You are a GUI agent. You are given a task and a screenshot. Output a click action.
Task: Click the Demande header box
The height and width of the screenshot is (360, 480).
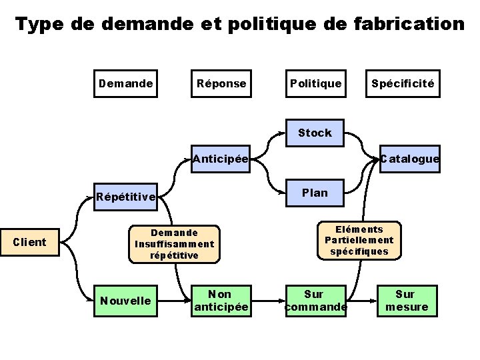125,84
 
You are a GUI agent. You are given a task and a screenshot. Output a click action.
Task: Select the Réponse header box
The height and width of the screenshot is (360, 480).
221,84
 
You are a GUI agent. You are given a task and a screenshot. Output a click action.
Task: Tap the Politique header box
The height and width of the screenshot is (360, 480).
315,84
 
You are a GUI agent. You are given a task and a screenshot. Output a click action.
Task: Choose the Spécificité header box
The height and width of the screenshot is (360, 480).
403,84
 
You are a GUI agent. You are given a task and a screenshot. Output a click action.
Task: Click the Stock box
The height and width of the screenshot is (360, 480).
315,133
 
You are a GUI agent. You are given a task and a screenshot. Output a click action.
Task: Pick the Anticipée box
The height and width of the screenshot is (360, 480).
220,159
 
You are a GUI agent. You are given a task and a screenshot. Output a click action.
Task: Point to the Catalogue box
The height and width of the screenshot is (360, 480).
409,159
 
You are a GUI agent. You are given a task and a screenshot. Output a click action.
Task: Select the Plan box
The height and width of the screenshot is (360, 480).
315,193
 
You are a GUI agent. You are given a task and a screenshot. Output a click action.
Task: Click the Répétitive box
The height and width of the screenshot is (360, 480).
126,197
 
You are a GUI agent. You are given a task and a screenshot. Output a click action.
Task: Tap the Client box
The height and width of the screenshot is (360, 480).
30,242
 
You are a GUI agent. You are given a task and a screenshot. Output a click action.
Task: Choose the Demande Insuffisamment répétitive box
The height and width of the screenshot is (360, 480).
174,244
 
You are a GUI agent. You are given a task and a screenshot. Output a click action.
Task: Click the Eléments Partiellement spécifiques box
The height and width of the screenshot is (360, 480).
359,241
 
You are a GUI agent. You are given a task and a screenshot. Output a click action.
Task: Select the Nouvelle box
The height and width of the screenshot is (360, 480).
125,301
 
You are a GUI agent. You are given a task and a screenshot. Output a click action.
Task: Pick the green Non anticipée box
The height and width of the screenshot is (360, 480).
220,301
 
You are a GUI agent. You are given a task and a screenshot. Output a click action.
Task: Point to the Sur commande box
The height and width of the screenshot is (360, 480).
315,301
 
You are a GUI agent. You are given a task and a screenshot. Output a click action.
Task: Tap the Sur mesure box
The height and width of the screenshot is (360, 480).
405,301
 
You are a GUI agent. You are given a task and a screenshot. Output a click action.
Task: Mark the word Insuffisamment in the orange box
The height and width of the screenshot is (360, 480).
174,244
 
